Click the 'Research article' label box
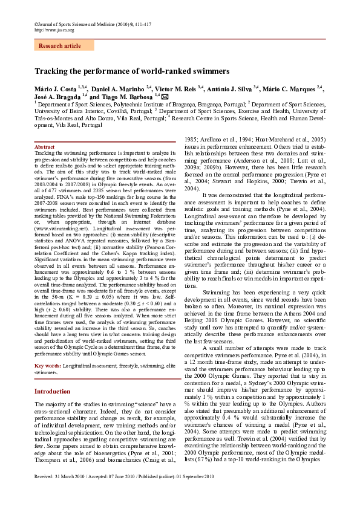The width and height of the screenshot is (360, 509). (59, 45)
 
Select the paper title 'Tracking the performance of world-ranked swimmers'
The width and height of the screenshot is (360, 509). (132, 71)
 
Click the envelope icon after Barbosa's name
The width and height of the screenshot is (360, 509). (165, 96)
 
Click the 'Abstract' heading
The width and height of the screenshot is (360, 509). (45, 147)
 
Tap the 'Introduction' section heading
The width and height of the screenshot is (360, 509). (52, 391)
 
